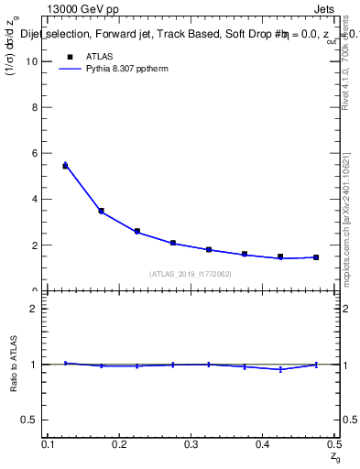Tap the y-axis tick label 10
click(x=33, y=61)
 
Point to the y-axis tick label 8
click(x=35, y=107)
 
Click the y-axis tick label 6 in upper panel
click(x=35, y=153)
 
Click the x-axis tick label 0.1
click(x=49, y=443)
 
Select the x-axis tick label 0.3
click(x=191, y=443)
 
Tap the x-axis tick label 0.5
click(x=333, y=443)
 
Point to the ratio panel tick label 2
click(x=35, y=309)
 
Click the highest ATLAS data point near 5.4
click(x=65, y=166)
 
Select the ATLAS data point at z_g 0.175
click(x=101, y=211)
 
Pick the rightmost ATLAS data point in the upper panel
click(x=316, y=257)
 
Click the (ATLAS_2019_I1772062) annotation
click(x=191, y=274)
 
